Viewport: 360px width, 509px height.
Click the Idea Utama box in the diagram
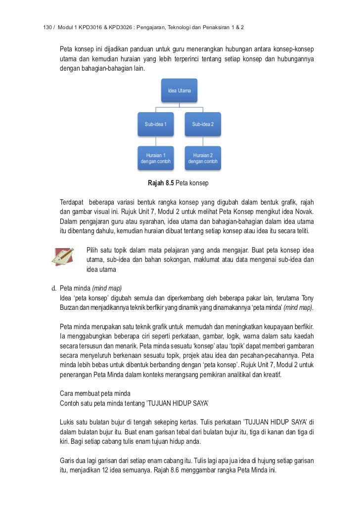[x=180, y=91]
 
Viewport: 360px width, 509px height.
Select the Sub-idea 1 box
[x=156, y=124]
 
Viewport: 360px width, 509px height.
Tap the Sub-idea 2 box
[x=203, y=124]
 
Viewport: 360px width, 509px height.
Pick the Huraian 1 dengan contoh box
[x=156, y=158]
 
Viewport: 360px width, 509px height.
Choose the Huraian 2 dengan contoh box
[x=203, y=158]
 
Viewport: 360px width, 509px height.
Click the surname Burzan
[x=70, y=307]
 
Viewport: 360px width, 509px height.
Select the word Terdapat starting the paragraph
[x=72, y=203]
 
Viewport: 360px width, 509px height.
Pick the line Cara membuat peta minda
[x=95, y=393]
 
